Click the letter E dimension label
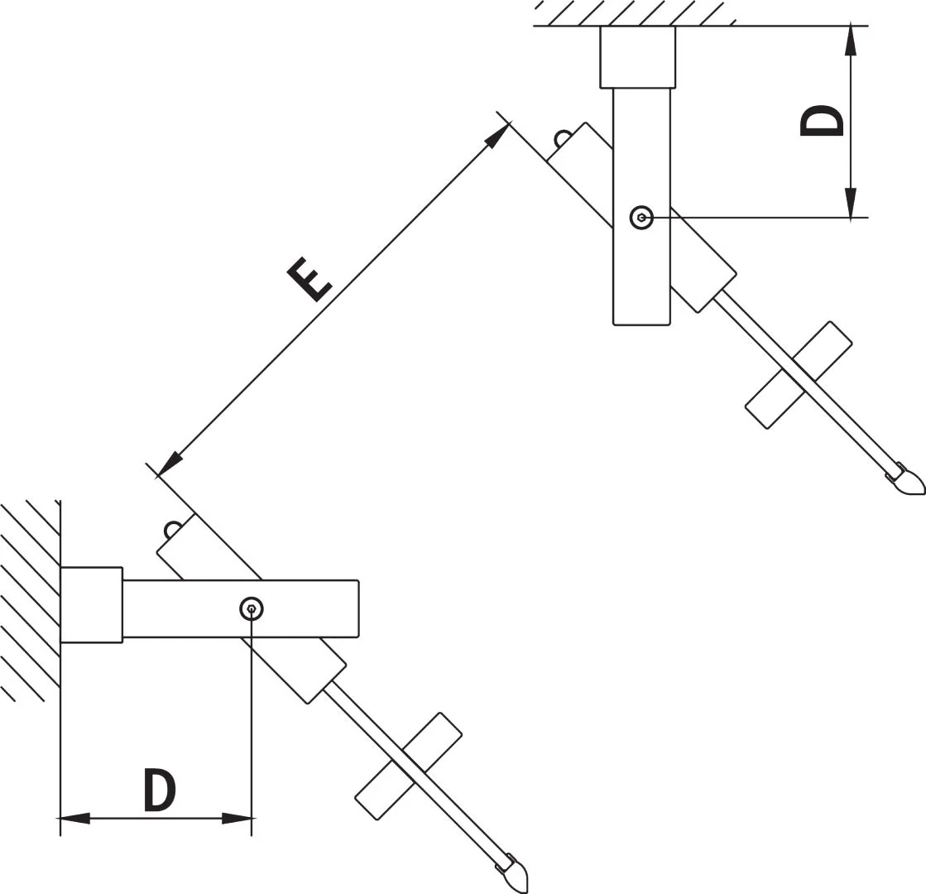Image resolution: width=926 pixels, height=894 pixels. (309, 279)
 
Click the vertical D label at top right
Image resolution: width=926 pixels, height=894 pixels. (822, 121)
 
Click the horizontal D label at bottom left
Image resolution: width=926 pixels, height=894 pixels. (160, 790)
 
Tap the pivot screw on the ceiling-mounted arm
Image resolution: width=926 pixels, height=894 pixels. (641, 218)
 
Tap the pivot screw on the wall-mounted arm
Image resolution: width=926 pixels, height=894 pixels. (252, 608)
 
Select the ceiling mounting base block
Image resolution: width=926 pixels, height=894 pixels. (638, 57)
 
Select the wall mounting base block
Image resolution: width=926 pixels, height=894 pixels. (92, 604)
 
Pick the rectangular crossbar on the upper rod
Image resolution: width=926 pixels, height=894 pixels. (799, 375)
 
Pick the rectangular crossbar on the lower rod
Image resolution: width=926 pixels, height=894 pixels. (409, 766)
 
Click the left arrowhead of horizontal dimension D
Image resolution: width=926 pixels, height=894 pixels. (74, 819)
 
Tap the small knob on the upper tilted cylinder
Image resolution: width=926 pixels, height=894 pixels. (562, 137)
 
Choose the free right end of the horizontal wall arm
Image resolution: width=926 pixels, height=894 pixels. (357, 609)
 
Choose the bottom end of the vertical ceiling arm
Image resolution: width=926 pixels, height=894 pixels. (642, 324)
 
